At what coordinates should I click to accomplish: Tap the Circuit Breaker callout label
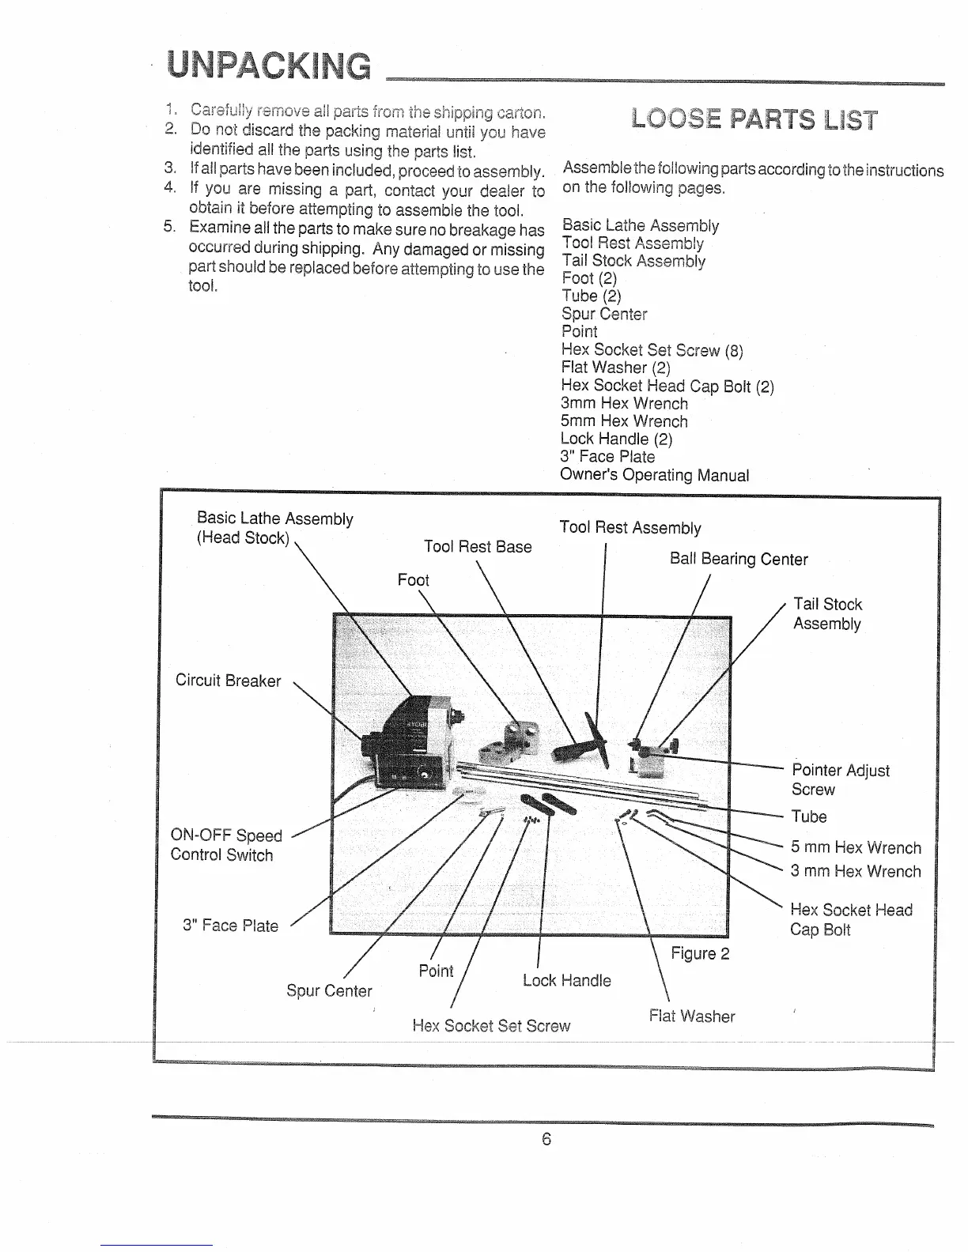228,681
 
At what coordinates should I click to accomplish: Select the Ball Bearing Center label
739,559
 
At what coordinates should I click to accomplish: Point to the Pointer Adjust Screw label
840,779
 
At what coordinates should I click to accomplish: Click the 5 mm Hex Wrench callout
856,847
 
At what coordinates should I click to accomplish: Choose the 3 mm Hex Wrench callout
856,871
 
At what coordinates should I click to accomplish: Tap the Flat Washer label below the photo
692,1016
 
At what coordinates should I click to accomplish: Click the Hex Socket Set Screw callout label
491,1025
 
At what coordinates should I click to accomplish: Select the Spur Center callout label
329,990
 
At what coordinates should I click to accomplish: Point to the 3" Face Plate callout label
230,926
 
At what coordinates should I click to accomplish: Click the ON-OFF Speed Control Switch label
225,845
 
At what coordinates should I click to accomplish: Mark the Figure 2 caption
700,953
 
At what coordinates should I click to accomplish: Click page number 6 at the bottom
546,1139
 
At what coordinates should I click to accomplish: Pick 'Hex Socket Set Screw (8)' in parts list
652,349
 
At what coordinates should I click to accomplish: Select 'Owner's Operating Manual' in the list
654,474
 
